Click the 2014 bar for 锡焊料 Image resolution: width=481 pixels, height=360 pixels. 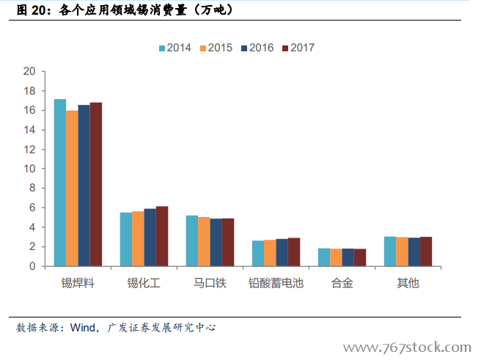(x=60, y=183)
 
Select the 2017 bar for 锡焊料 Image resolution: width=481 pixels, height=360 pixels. (x=96, y=184)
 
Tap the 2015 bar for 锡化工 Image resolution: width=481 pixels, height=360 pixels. (x=138, y=238)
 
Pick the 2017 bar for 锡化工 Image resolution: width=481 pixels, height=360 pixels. (x=162, y=236)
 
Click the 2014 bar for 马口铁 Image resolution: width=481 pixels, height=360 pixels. (x=192, y=240)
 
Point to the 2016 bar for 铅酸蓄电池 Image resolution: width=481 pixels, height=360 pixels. (x=282, y=252)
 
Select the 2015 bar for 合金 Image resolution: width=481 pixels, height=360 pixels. (x=336, y=257)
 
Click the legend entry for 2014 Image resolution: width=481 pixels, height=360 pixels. (x=175, y=48)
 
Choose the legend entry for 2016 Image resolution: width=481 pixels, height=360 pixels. (x=257, y=48)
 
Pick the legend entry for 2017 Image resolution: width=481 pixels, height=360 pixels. (x=298, y=48)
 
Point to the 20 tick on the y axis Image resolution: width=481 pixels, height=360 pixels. (x=29, y=71)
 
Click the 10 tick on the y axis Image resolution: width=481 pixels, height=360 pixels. (x=29, y=169)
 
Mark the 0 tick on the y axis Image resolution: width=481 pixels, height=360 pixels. (x=32, y=266)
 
